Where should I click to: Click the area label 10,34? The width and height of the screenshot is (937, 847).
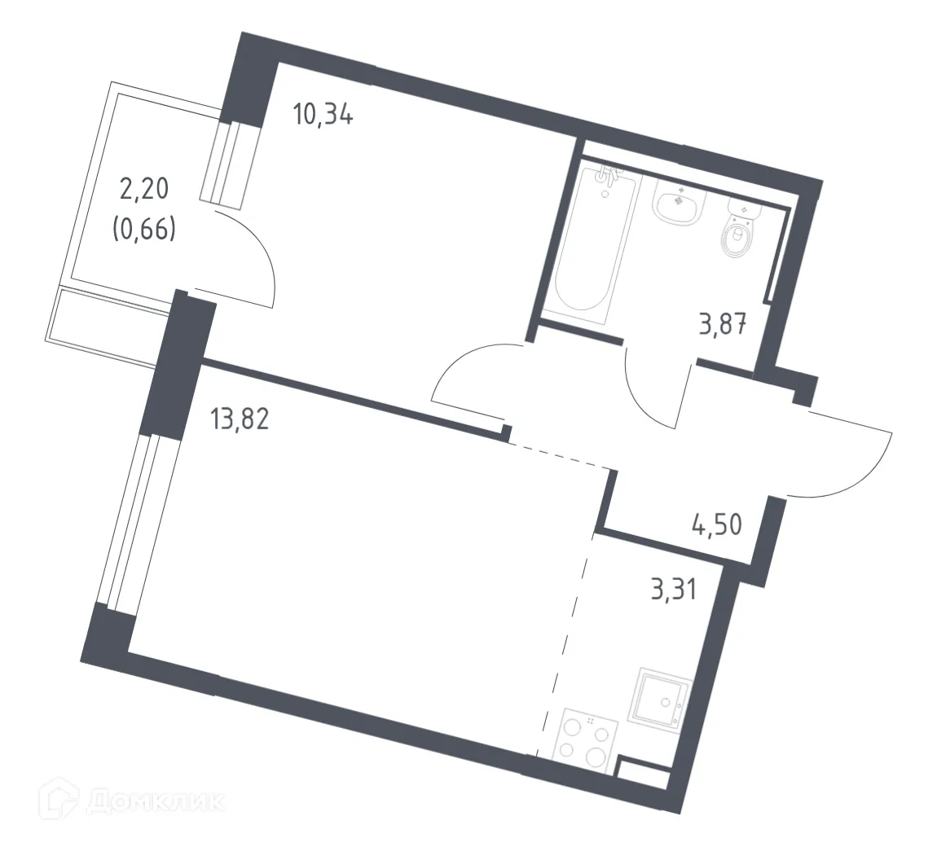click(323, 116)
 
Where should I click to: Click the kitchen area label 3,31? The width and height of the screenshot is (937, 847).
click(673, 589)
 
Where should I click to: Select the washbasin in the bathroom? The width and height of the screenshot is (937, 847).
click(677, 204)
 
